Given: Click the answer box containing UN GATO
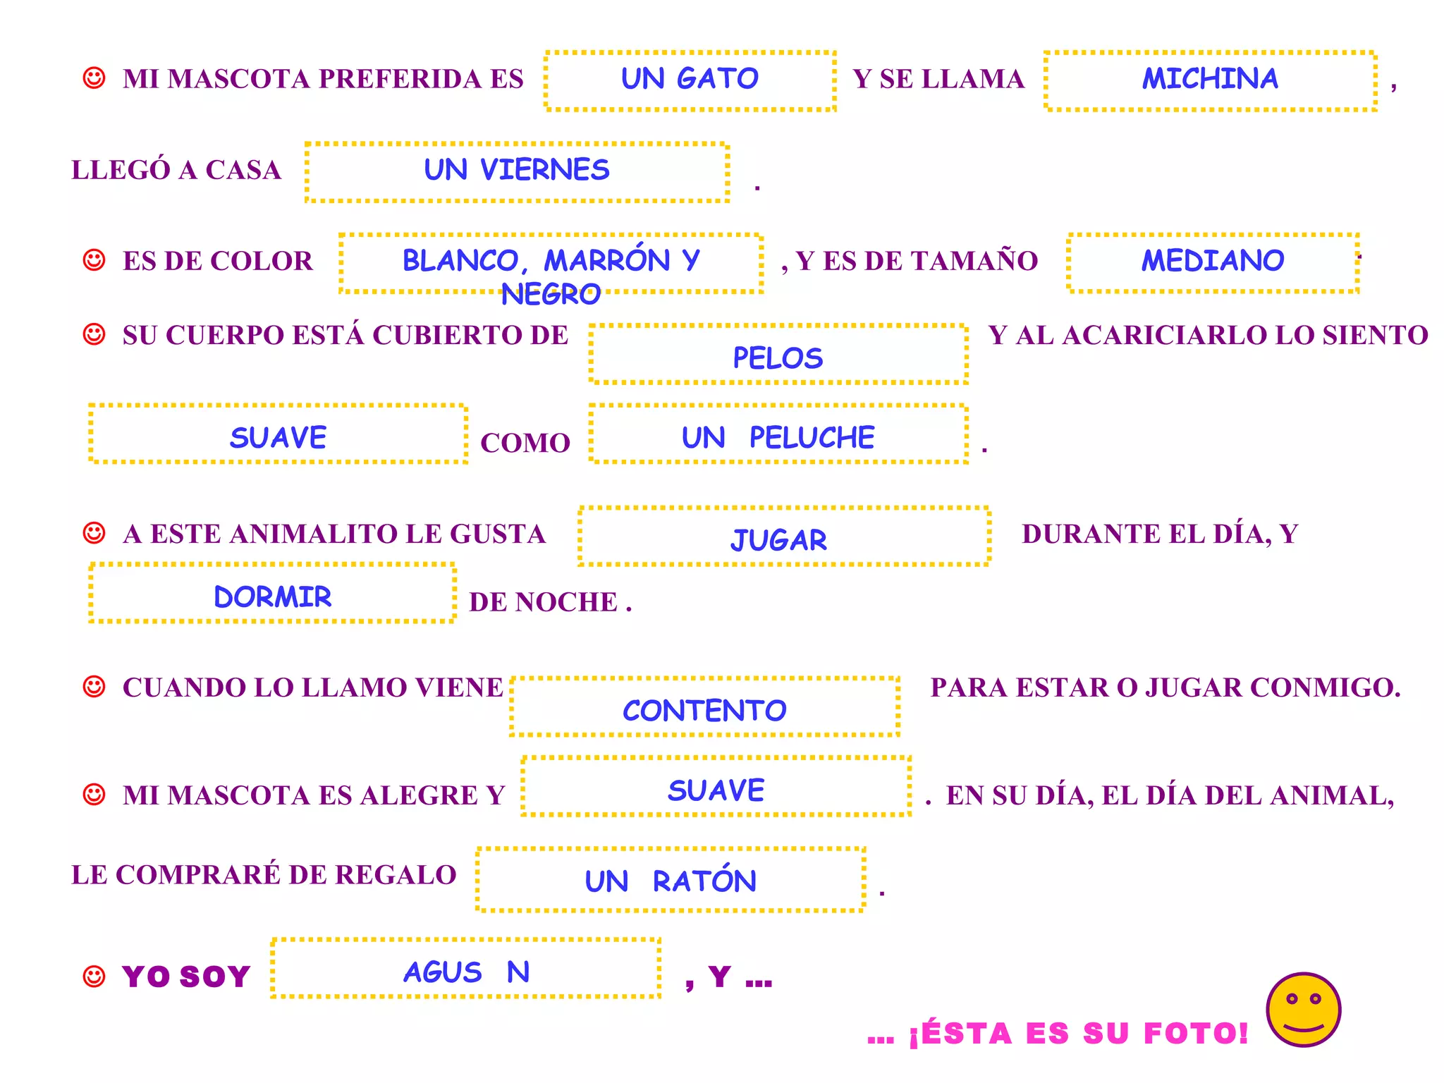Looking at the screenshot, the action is click(690, 80).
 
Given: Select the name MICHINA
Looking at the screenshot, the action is click(1210, 79).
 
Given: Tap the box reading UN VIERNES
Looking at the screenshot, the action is click(517, 171).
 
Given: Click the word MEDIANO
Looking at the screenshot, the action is click(1213, 262).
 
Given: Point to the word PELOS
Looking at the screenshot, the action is click(778, 358).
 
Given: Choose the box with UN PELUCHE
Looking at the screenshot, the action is click(778, 438).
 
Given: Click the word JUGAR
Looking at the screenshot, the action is click(779, 540).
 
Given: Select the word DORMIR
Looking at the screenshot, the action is click(273, 597).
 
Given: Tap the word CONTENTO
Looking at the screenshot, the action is click(704, 711).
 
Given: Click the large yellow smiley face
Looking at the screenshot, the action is click(1303, 1010).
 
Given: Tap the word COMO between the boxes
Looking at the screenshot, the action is click(525, 443).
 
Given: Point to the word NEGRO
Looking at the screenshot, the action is click(551, 295).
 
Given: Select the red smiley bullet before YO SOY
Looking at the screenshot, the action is click(94, 977).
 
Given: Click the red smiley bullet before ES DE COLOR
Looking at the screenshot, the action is click(94, 260).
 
